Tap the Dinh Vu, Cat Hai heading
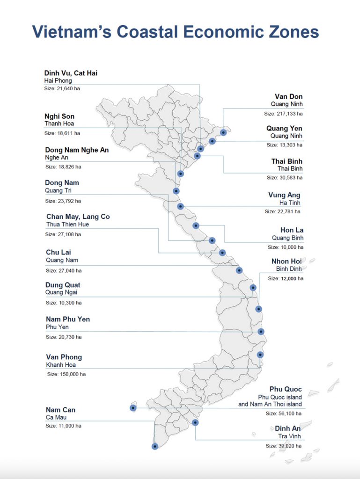pyautogui.click(x=71, y=73)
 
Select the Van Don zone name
pyautogui.click(x=288, y=96)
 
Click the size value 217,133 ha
pyautogui.click(x=283, y=114)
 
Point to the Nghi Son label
pyautogui.click(x=59, y=116)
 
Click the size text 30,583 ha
pyautogui.click(x=285, y=177)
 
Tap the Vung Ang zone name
pyautogui.click(x=284, y=195)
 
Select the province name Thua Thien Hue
pyautogui.click(x=67, y=225)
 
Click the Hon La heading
pyautogui.click(x=290, y=230)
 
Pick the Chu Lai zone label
pyautogui.click(x=59, y=252)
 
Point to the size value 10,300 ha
pyautogui.click(x=63, y=303)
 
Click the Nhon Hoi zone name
pyautogui.click(x=287, y=261)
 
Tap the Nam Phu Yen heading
pyautogui.click(x=68, y=319)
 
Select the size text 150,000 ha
pyautogui.click(x=66, y=374)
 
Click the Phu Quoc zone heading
pyautogui.click(x=286, y=389)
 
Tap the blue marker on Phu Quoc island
pyautogui.click(x=133, y=408)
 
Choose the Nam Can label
pyautogui.click(x=60, y=410)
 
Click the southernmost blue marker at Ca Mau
pyautogui.click(x=155, y=446)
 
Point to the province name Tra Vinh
pyautogui.click(x=290, y=436)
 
